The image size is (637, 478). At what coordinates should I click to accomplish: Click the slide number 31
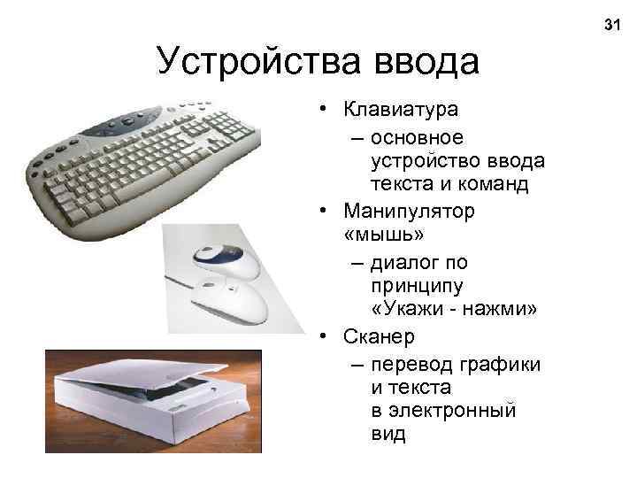coord(611,24)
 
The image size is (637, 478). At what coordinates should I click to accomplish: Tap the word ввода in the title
coord(426,61)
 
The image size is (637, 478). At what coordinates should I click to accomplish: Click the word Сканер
coord(378,337)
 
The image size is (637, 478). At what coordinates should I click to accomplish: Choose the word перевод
coord(413,365)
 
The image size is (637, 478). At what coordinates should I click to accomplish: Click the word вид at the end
coord(388,434)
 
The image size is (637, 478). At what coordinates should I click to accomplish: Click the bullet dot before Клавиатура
coord(326,110)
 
